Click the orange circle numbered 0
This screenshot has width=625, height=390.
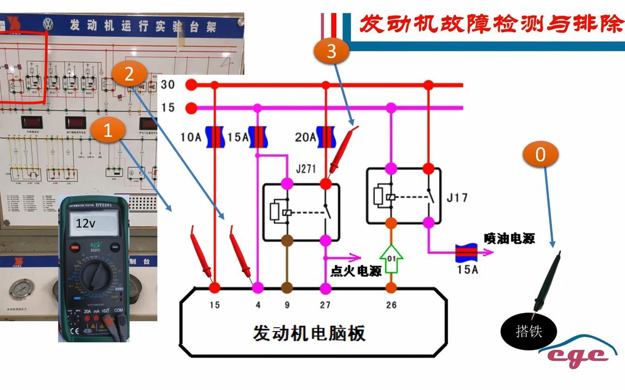(x=540, y=155)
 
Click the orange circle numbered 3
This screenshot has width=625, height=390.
(x=331, y=51)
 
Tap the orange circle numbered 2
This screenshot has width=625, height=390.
(x=129, y=74)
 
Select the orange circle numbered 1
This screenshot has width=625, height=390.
(x=108, y=131)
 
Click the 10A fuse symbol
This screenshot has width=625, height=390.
(x=215, y=137)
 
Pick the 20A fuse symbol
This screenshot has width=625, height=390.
(x=326, y=137)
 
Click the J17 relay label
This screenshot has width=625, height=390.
(x=456, y=198)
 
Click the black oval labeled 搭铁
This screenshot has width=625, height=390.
(x=528, y=330)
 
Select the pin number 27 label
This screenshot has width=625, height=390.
(x=324, y=305)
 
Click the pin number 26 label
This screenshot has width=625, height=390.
(x=391, y=305)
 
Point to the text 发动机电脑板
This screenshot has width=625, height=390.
(x=309, y=333)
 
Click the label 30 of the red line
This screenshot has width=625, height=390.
(x=168, y=85)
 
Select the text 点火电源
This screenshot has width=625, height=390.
(x=356, y=271)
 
